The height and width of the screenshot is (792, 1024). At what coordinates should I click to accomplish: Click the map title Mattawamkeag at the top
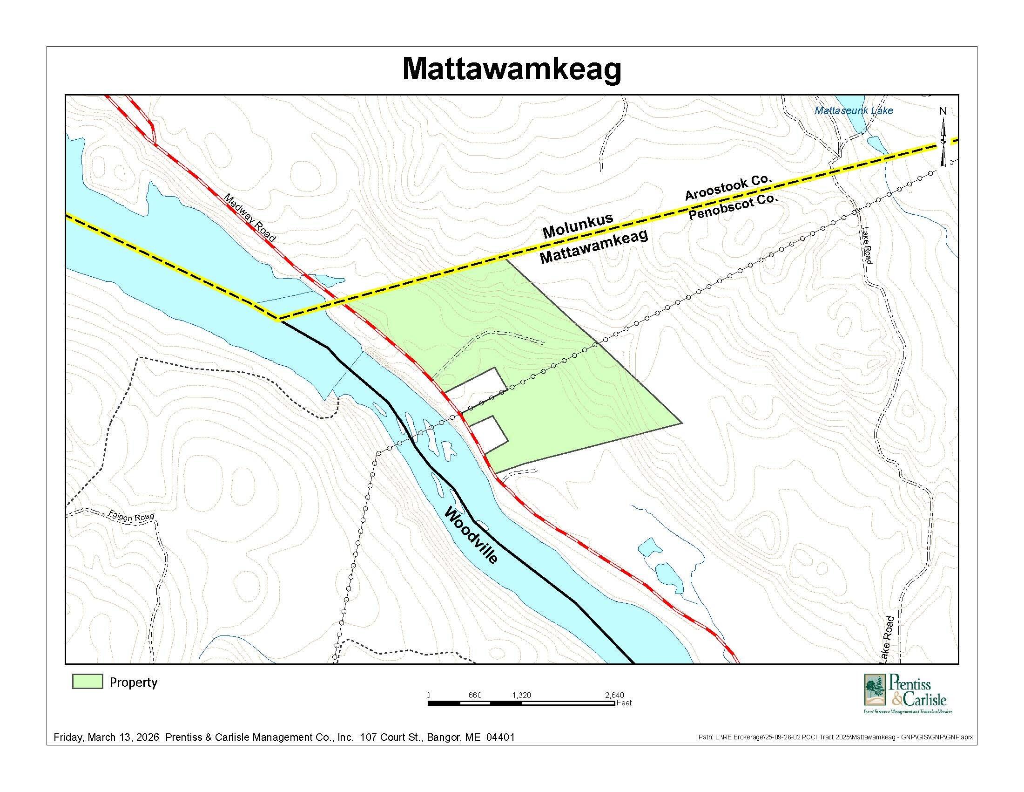tap(512, 70)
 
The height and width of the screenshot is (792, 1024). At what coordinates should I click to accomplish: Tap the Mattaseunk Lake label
tap(854, 111)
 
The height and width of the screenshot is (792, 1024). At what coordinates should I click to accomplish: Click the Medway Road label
tap(250, 218)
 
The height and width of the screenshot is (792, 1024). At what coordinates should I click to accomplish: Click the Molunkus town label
tap(578, 225)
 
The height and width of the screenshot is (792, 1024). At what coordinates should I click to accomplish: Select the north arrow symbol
tap(943, 141)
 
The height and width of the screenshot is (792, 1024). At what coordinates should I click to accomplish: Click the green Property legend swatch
tap(88, 682)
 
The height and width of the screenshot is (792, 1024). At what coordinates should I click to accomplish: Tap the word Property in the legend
tap(134, 682)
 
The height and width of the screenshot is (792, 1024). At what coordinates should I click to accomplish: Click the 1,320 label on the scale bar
tap(521, 695)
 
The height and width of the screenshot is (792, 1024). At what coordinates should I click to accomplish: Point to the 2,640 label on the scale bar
tap(614, 695)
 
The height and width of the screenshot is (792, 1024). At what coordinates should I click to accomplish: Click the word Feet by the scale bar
tap(624, 703)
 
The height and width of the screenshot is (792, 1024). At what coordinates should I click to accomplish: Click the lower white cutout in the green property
tap(489, 434)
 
